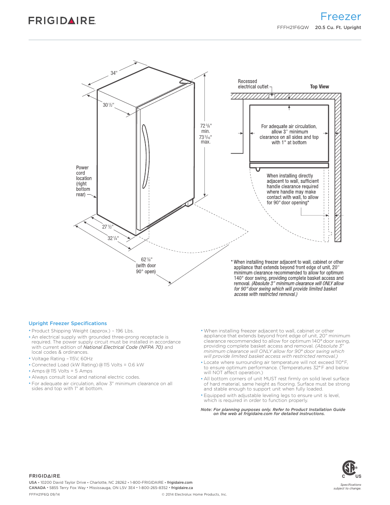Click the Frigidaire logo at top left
[62, 20]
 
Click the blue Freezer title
[341, 17]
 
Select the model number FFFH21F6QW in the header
[293, 27]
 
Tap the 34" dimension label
[114, 73]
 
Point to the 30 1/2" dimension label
[108, 105]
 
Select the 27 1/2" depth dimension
[108, 227]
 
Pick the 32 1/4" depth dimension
[113, 238]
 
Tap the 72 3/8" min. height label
[206, 128]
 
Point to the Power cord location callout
[83, 181]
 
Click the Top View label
[319, 87]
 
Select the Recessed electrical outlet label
[253, 84]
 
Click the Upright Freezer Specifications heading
[68, 323]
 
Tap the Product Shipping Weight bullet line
[83, 331]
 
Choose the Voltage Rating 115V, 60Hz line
[62, 359]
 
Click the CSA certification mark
[350, 468]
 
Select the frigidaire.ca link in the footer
[182, 488]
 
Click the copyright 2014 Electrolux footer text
[194, 494]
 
